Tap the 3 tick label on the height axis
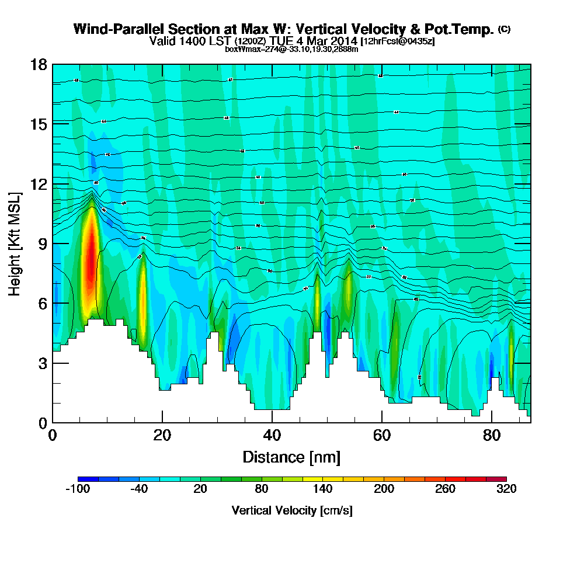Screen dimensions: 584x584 (x=41, y=363)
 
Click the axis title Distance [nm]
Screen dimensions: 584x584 (x=291, y=457)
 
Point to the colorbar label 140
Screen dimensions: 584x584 (x=322, y=489)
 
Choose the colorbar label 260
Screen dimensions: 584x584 (x=445, y=489)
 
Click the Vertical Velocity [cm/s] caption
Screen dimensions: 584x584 (x=291, y=511)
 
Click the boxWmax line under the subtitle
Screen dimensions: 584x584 (x=291, y=49)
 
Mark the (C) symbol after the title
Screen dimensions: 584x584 (x=504, y=29)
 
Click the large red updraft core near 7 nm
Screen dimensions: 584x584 (x=89, y=263)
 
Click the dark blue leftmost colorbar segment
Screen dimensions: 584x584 (x=82, y=479)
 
